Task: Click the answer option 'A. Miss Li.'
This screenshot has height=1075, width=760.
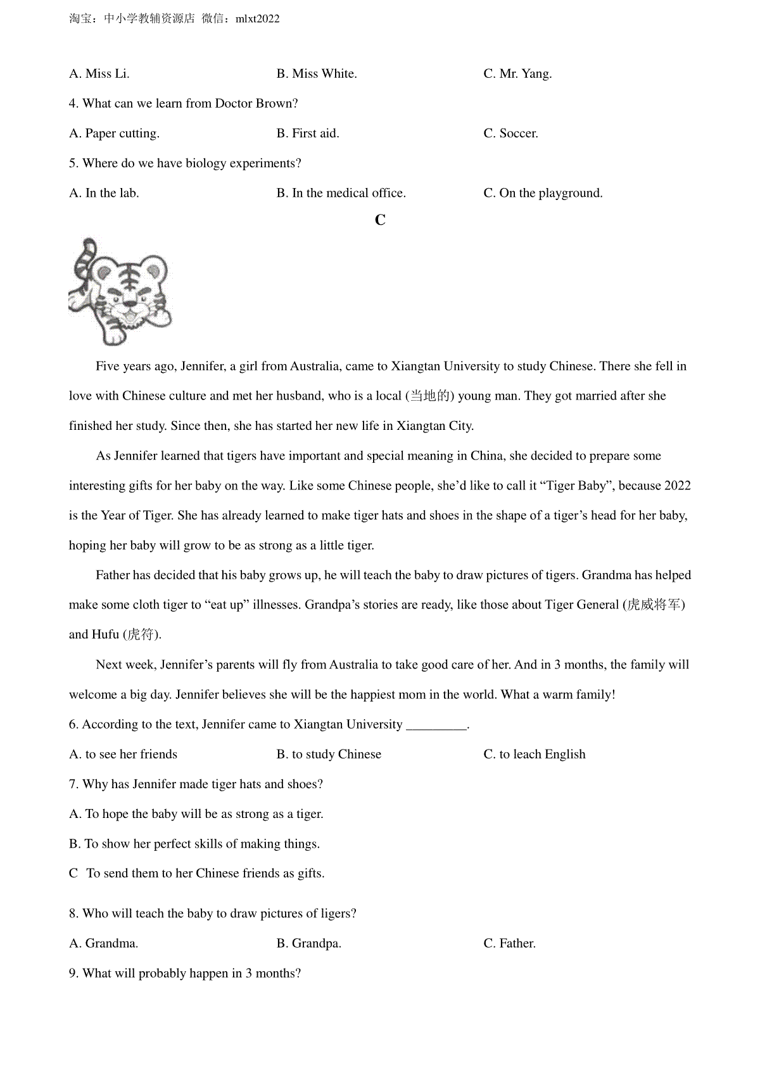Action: [99, 74]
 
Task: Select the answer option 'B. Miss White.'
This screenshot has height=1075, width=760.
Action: [317, 74]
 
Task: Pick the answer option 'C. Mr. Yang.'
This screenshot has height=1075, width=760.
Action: [517, 74]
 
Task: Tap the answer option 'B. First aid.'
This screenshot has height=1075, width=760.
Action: [308, 134]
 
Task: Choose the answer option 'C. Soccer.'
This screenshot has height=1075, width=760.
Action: [510, 134]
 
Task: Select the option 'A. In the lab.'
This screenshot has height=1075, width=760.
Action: [104, 193]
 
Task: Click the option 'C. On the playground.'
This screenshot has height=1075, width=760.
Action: [543, 193]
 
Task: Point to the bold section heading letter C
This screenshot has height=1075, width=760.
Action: [380, 220]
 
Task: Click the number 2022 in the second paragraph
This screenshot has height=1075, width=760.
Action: [677, 486]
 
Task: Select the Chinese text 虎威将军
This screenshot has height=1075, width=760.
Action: [654, 605]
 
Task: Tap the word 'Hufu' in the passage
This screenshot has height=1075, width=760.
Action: [106, 634]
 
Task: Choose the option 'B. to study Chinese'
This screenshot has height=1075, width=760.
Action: [329, 754]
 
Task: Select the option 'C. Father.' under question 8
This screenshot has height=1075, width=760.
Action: [509, 943]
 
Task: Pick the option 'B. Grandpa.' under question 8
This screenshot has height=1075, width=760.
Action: [308, 943]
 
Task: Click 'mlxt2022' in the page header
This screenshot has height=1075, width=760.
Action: [257, 19]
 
